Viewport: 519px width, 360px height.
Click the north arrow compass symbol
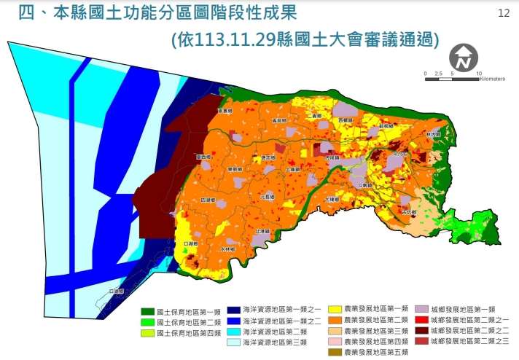tap(464, 56)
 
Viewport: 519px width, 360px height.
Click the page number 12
tap(503, 13)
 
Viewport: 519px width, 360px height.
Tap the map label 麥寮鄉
tap(225, 111)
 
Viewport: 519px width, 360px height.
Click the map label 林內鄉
tap(434, 136)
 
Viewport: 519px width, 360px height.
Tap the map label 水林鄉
tap(228, 249)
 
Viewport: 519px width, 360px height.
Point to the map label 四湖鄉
tap(208, 199)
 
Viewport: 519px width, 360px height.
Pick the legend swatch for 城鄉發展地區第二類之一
tap(421, 320)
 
